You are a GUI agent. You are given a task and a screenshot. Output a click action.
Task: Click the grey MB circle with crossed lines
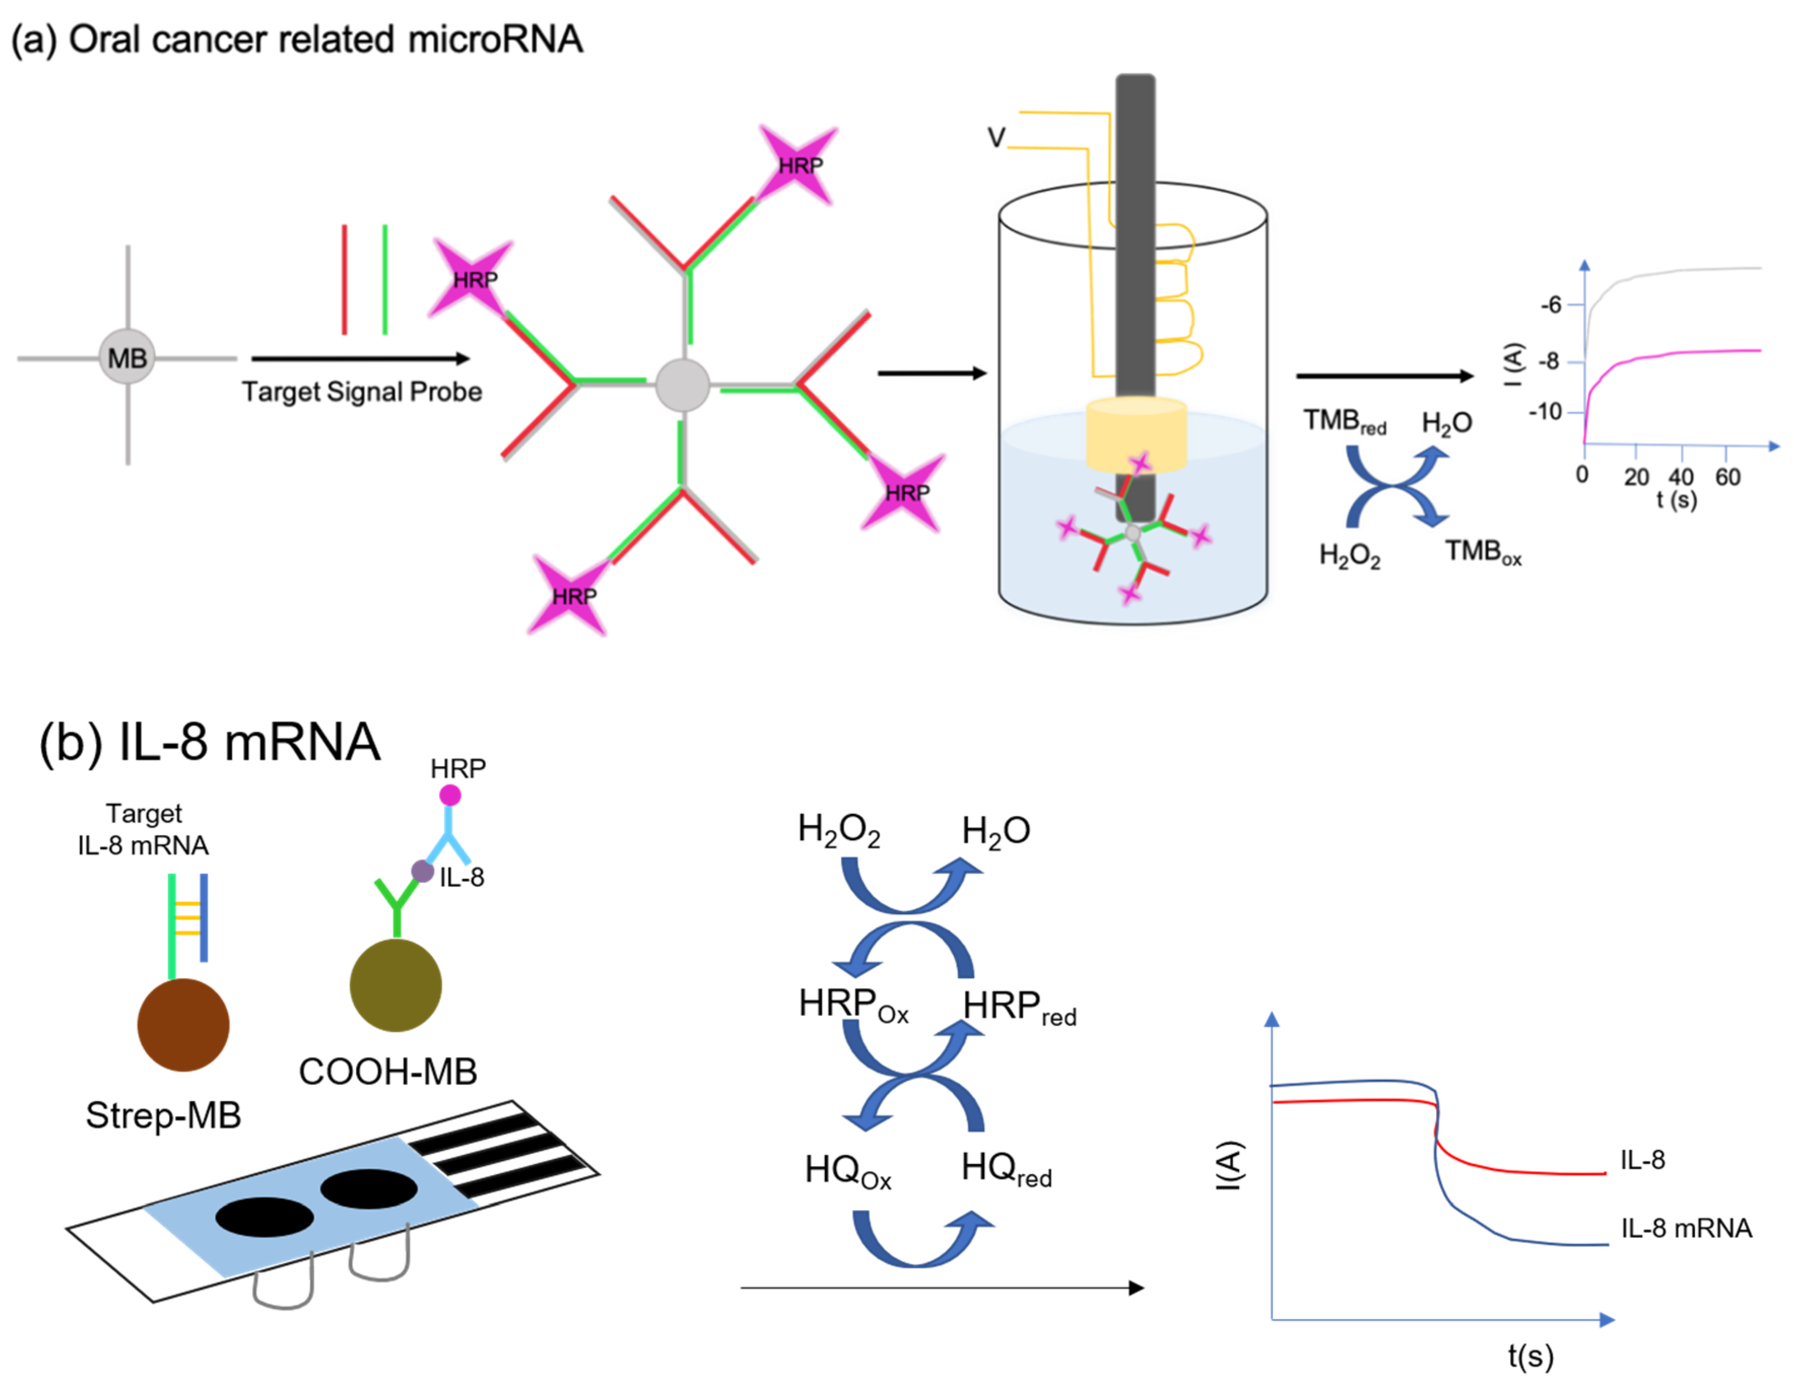click(127, 357)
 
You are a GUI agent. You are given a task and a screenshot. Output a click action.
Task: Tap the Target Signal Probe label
click(361, 391)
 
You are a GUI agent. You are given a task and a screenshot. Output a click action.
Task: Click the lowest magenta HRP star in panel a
click(572, 595)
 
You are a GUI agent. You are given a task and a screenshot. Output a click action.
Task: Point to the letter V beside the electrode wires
click(996, 137)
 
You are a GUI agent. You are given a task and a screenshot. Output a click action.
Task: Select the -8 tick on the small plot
click(1549, 361)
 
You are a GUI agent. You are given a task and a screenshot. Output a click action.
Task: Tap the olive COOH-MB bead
click(395, 984)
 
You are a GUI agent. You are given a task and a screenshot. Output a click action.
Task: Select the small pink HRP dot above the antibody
click(450, 795)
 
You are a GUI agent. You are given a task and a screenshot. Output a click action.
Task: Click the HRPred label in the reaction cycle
click(1019, 1007)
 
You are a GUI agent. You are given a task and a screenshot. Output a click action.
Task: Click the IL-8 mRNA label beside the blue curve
click(1685, 1228)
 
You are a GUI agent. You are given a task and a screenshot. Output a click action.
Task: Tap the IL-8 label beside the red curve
click(1642, 1160)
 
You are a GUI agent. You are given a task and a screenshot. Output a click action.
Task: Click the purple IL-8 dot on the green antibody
click(422, 871)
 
